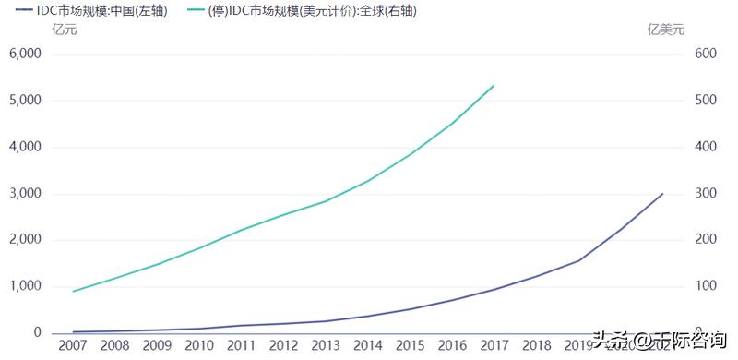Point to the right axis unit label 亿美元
tap(667, 30)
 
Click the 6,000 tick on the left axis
tap(26, 54)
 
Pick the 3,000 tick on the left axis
tap(26, 194)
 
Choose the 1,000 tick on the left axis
tap(26, 286)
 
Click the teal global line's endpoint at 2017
tap(494, 85)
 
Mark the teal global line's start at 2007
tap(73, 292)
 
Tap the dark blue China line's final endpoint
tap(662, 193)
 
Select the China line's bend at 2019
tap(578, 260)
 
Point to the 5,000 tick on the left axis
tap(26, 100)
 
